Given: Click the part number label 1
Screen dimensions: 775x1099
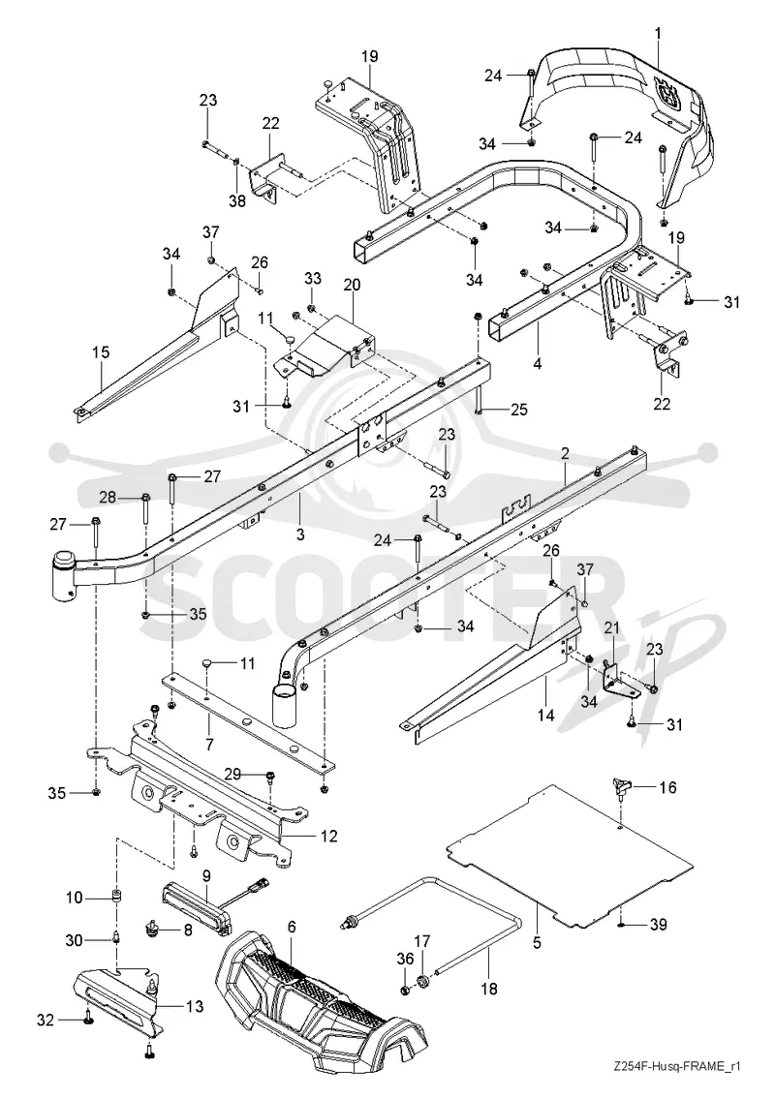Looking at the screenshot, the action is (x=657, y=32).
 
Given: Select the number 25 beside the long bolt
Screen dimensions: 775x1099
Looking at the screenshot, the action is (x=518, y=409).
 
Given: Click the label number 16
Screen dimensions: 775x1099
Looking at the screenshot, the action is (x=667, y=788).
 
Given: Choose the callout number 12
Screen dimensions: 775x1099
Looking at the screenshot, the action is (x=329, y=837).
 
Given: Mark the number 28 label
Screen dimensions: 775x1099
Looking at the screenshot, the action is (x=108, y=498).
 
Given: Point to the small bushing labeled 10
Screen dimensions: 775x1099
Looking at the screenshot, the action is (x=115, y=898).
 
